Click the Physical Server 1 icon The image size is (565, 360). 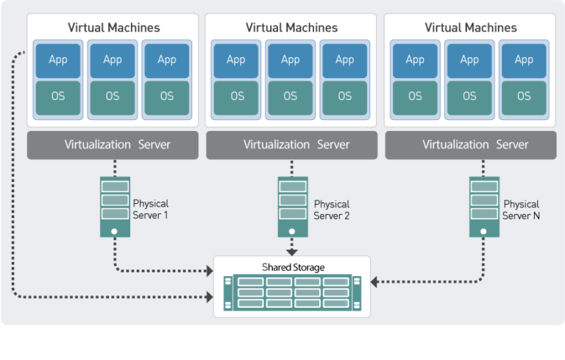coord(114,207)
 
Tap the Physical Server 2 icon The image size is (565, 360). coord(292,207)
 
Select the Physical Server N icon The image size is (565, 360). coord(484,207)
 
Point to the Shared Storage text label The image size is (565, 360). coord(293,267)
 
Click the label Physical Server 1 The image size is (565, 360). coord(151,209)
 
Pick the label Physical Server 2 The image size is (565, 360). coord(331,209)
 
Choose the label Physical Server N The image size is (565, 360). coord(521,209)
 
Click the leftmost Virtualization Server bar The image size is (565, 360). coord(113,145)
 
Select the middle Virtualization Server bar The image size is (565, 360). coord(291,145)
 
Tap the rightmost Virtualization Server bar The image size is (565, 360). coord(470,145)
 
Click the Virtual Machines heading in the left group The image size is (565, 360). coord(113,28)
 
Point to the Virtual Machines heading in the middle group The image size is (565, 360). coord(291,28)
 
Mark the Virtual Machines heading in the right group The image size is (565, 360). coord(471,28)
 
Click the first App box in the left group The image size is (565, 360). coord(58,60)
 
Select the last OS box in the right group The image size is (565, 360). coord(524,96)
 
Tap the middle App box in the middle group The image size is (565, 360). coord(291,60)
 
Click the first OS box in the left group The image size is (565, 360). coord(58,96)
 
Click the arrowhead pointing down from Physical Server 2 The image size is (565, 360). coord(292,251)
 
